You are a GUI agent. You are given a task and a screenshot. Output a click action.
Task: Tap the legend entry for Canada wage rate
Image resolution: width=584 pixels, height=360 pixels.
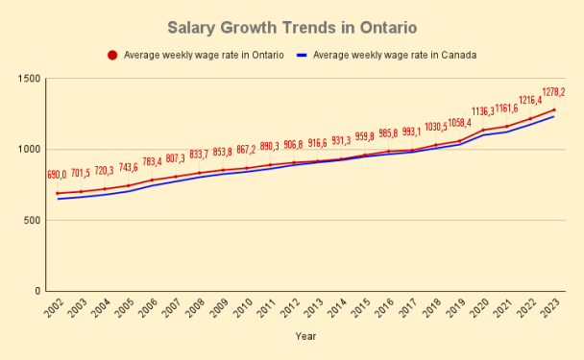click(x=394, y=55)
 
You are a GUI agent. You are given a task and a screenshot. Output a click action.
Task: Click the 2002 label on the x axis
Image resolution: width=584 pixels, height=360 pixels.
click(x=58, y=310)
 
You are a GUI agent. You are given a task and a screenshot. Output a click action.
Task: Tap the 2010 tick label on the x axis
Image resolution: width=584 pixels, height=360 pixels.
click(x=246, y=310)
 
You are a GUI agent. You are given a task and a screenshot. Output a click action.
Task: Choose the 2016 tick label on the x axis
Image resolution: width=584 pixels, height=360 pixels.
click(x=387, y=310)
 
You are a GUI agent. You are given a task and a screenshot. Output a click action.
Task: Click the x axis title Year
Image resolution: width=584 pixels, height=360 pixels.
click(x=305, y=337)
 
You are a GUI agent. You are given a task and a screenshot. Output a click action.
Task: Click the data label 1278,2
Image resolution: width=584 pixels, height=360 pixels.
click(x=552, y=93)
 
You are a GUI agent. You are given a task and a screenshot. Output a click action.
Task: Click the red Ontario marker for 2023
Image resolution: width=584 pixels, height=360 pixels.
click(x=554, y=109)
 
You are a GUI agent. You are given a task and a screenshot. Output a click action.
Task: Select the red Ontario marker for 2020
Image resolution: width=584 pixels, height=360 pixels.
click(x=483, y=130)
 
